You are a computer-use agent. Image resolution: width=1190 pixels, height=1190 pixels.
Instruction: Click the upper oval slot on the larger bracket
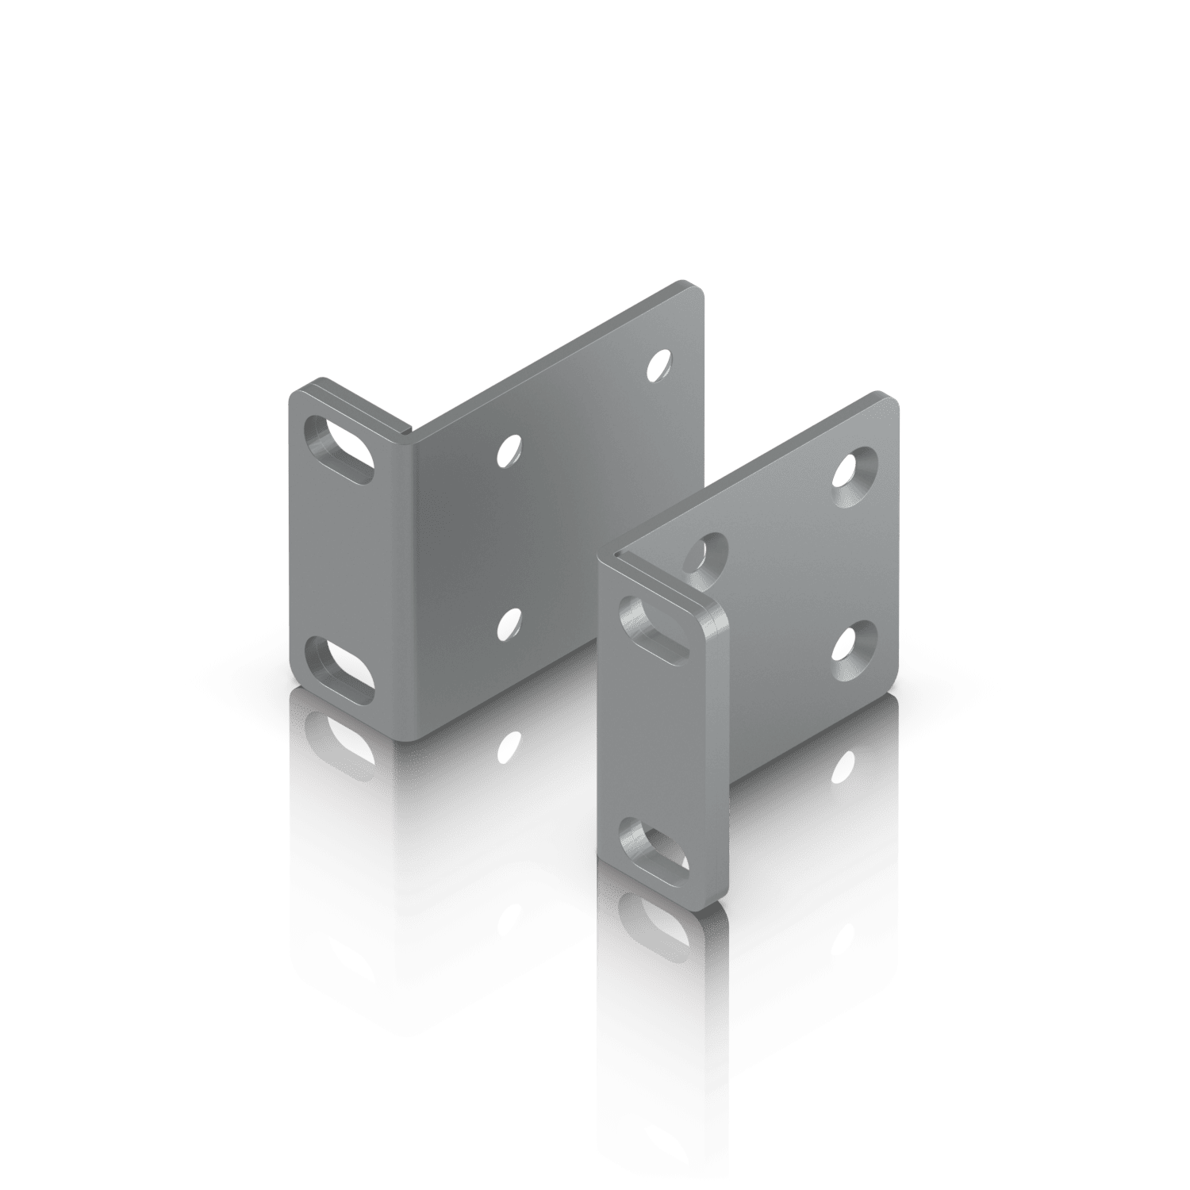tap(339, 448)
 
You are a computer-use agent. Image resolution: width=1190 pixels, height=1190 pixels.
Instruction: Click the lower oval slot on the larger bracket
tap(339, 669)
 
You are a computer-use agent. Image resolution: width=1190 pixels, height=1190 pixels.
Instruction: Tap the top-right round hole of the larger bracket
tap(657, 364)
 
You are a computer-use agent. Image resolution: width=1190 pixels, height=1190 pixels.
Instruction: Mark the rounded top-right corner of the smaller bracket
tap(892, 401)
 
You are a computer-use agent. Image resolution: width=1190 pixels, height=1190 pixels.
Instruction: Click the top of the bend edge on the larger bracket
tap(407, 432)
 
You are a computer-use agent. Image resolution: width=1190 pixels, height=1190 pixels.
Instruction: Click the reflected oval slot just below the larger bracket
tap(339, 742)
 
